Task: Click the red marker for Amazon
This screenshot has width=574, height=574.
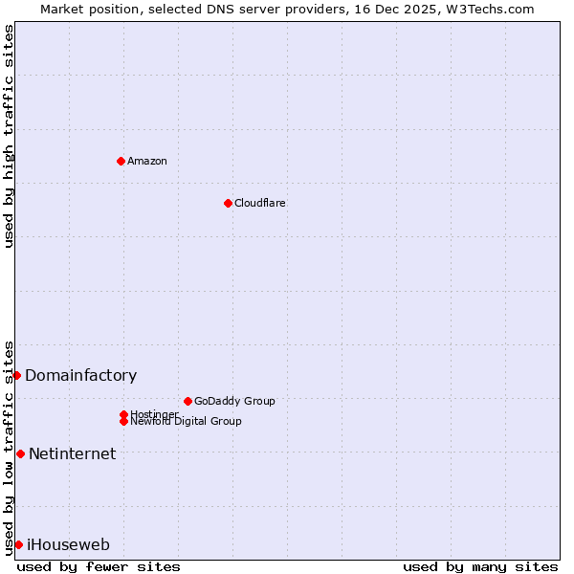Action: point(121,161)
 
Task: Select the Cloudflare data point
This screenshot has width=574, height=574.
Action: point(228,203)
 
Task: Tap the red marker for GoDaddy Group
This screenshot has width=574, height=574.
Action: point(188,401)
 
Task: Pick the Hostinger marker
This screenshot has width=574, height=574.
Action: point(123,414)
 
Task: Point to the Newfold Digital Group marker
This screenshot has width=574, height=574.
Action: point(123,421)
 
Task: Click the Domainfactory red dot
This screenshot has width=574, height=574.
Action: point(16,375)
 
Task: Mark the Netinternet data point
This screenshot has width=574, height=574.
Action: point(20,453)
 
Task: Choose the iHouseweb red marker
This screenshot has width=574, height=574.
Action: point(18,544)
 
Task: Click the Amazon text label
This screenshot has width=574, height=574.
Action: point(147,161)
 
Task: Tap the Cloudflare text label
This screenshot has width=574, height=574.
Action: point(260,203)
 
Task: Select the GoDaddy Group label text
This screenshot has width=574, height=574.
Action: point(234,401)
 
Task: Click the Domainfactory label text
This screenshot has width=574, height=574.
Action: point(80,376)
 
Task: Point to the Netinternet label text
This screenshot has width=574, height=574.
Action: point(72,454)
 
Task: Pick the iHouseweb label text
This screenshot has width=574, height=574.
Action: point(68,545)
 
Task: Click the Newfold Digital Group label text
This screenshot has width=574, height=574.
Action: point(186,422)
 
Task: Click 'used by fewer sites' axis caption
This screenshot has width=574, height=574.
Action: point(99,566)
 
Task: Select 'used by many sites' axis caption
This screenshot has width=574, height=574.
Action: point(480,566)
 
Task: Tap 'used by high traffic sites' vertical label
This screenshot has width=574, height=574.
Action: point(9,136)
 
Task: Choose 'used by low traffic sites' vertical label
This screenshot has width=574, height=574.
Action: point(9,447)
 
